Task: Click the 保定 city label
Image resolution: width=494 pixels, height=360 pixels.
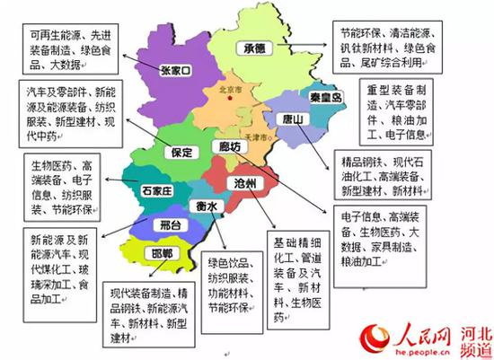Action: coord(180,154)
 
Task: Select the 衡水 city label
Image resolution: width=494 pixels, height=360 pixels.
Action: coord(205,204)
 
